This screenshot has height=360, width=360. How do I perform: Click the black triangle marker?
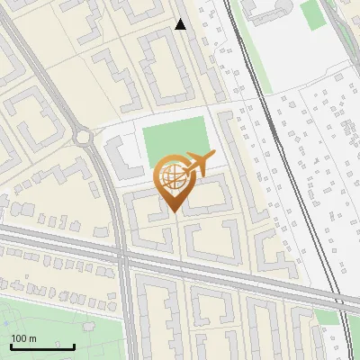[181, 24]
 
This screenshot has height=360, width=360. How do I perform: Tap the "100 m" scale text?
[23, 337]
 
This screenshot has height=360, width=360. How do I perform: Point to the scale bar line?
[42, 346]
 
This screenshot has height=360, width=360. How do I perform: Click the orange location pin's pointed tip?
[174, 212]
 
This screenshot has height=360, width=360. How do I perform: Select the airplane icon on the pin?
[198, 165]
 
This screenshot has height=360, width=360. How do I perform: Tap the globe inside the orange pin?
[173, 179]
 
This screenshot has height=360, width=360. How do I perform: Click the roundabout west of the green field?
[85, 138]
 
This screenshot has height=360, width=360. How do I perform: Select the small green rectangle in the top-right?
[310, 14]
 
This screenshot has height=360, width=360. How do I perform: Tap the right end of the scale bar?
[74, 346]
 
